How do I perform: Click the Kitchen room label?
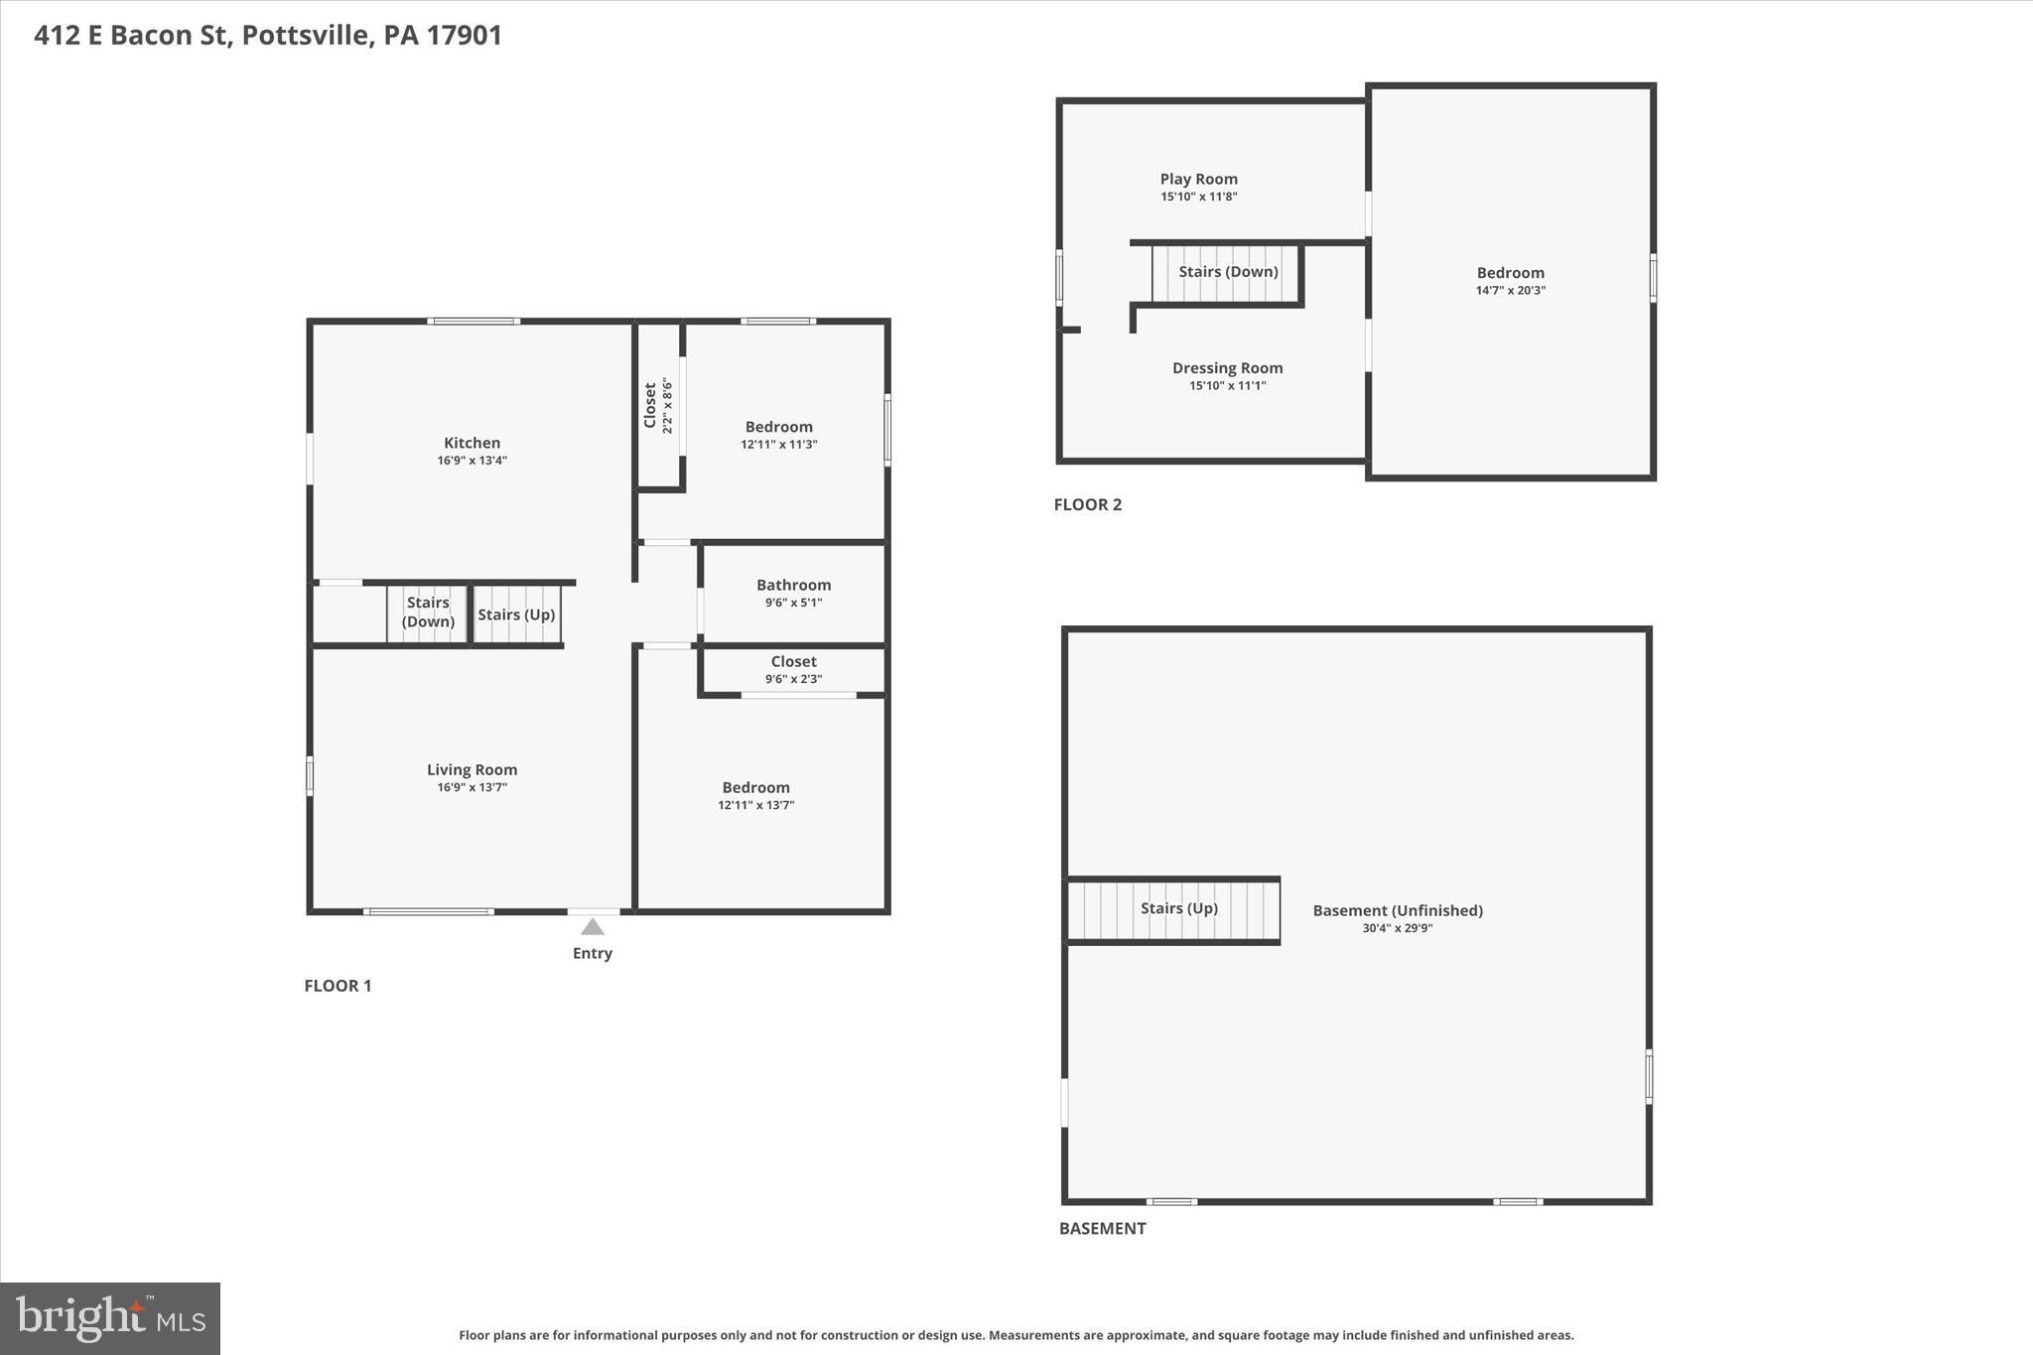tap(472, 443)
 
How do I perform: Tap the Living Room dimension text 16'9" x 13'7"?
tap(472, 787)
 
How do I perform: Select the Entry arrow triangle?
tap(593, 927)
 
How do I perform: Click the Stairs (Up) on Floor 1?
tap(516, 614)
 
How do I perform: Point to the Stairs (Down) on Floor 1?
tap(428, 612)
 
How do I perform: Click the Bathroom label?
tap(793, 585)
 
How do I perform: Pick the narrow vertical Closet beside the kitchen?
tap(658, 405)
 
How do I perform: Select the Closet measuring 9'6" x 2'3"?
tap(793, 669)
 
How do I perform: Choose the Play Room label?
tap(1198, 179)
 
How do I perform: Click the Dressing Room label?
tap(1227, 367)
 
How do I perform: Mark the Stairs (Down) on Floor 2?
tap(1228, 272)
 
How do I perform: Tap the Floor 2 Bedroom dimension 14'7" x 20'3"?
tap(1510, 291)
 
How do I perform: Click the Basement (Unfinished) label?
tap(1397, 910)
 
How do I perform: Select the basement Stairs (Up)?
tap(1178, 908)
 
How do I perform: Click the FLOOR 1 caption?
tap(338, 986)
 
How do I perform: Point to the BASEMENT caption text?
tap(1102, 1228)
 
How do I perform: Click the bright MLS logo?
tap(110, 1318)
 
